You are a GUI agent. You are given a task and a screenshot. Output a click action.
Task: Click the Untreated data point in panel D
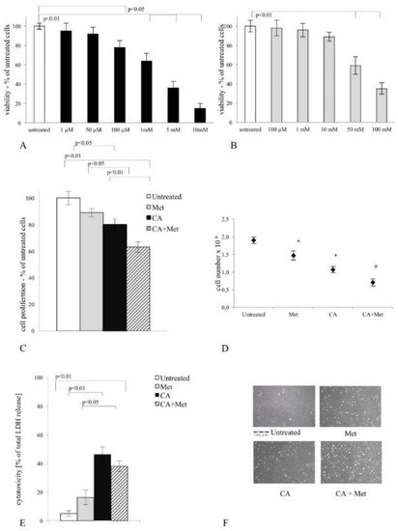pyautogui.click(x=252, y=240)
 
